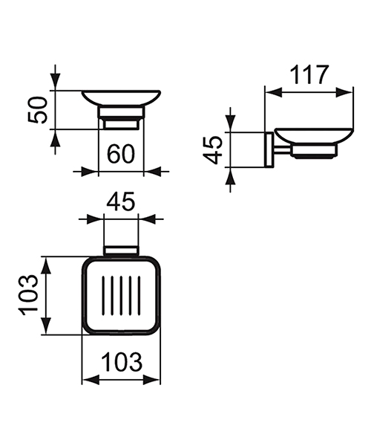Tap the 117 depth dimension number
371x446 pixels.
[x=307, y=74]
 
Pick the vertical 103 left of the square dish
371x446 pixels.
[x=28, y=295]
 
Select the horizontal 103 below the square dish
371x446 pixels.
[x=121, y=363]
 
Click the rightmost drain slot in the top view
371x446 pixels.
[x=139, y=295]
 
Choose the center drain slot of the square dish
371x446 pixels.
[x=121, y=295]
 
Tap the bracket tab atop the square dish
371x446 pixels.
[x=121, y=250]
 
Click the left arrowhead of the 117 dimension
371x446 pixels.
[x=271, y=92]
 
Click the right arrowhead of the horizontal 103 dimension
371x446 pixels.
[x=155, y=380]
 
